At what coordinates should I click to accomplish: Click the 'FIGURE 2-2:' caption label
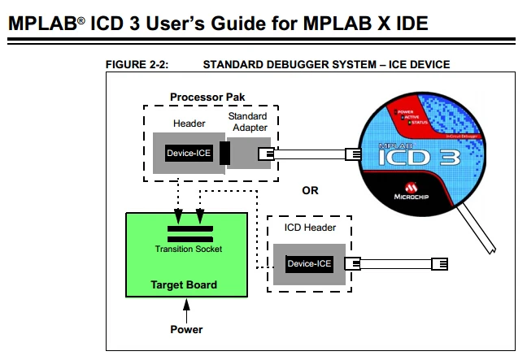click(137, 64)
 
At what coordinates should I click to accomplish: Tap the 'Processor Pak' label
click(208, 98)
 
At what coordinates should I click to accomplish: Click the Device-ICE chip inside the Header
click(189, 154)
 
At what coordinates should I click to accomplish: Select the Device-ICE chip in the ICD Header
click(309, 263)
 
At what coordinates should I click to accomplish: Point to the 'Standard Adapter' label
click(247, 123)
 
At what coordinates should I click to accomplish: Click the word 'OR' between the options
click(310, 191)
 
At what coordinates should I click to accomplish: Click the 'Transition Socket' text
click(188, 249)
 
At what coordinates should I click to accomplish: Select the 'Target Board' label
click(184, 285)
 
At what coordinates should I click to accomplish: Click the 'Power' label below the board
click(186, 330)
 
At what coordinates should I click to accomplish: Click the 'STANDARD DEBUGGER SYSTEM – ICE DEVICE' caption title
click(325, 64)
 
